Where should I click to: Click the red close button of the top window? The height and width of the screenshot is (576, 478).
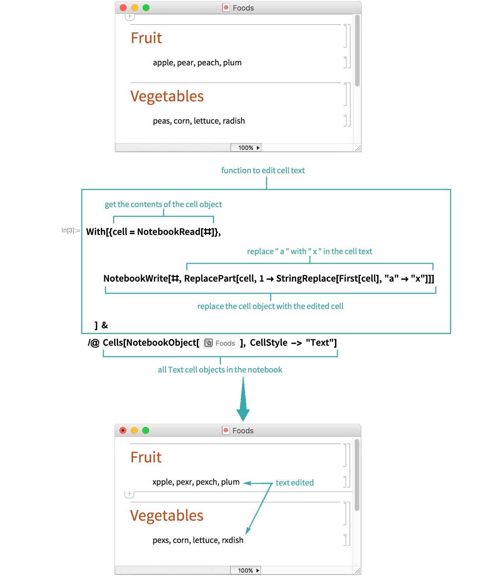click(123, 8)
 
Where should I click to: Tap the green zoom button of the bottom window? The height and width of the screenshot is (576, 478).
click(146, 431)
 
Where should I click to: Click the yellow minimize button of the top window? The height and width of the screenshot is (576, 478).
click(134, 8)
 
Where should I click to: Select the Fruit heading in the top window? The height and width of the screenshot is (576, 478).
click(146, 38)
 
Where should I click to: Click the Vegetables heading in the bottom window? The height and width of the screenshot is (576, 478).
click(167, 515)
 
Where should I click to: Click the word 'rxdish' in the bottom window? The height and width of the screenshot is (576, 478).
click(233, 540)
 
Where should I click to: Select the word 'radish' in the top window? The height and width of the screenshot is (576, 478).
click(234, 121)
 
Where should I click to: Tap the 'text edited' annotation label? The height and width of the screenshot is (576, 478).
click(295, 483)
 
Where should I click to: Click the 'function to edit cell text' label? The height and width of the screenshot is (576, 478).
click(263, 170)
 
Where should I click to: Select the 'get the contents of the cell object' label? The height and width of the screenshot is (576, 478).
click(163, 204)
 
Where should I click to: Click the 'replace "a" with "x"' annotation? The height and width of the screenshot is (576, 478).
click(309, 251)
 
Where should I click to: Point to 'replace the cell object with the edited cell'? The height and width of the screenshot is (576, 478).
click(270, 306)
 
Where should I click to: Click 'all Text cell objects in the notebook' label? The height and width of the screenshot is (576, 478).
click(220, 370)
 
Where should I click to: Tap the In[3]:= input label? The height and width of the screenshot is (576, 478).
click(71, 230)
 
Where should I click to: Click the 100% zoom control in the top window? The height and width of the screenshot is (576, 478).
click(246, 148)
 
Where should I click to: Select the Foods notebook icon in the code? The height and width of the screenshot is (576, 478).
click(208, 343)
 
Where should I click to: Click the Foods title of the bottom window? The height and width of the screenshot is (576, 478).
click(243, 431)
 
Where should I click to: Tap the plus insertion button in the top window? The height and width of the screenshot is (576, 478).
click(130, 17)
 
